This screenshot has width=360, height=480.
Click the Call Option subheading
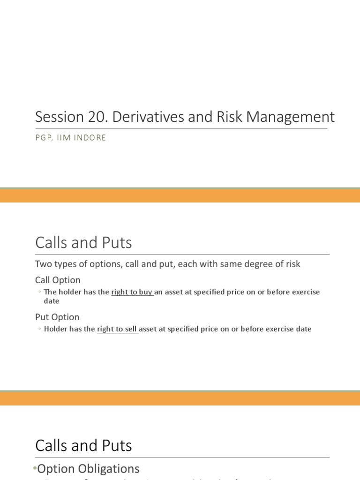(58, 280)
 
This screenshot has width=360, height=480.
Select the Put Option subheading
(57, 317)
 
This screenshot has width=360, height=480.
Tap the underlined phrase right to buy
(132, 292)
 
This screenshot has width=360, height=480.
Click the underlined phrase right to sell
(117, 329)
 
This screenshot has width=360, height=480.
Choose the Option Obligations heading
(88, 469)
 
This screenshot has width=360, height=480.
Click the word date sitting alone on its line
(52, 301)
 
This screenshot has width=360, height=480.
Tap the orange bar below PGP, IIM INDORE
(180, 195)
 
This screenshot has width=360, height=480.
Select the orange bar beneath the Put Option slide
(180, 398)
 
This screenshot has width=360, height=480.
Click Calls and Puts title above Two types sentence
(83, 243)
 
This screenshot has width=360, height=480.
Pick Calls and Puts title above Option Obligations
(83, 445)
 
